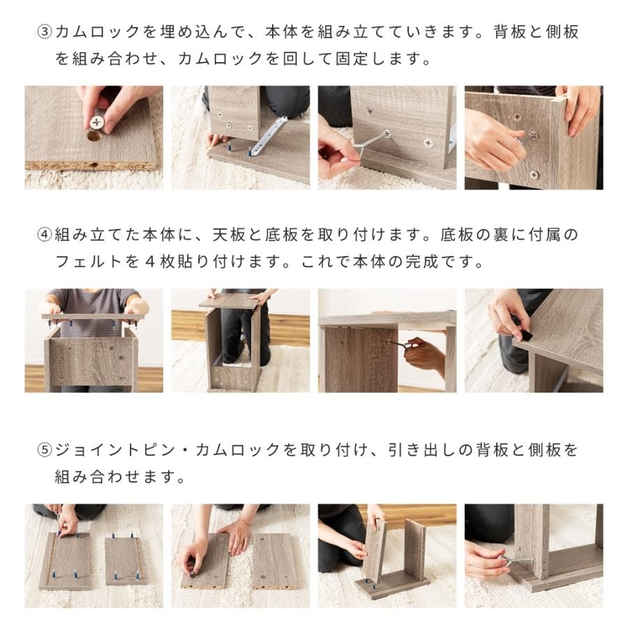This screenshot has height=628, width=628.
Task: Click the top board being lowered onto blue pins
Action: [x=94, y=317]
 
